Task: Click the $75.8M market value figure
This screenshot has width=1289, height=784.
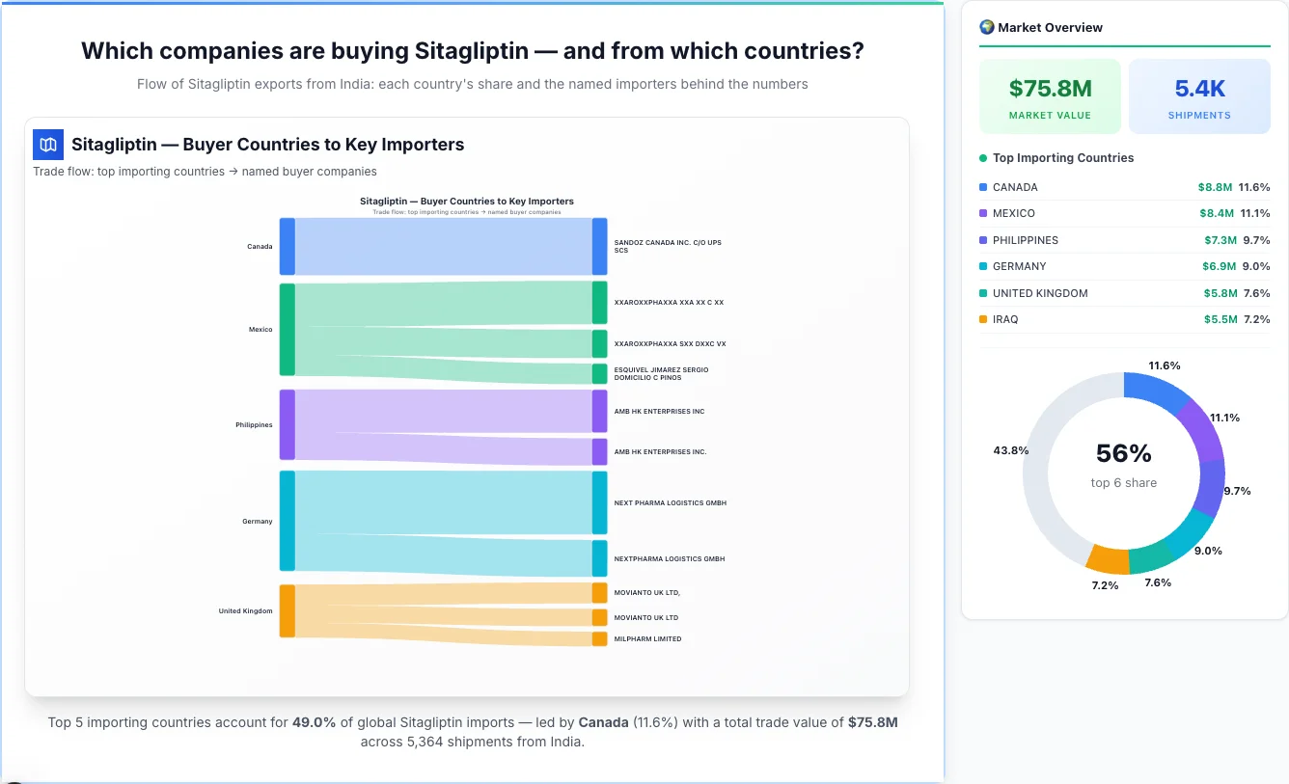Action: [x=1050, y=89]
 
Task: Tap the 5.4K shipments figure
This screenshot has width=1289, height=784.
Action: [x=1199, y=89]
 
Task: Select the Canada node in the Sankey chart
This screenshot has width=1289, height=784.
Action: [x=287, y=246]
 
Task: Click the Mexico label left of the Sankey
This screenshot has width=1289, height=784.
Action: [x=261, y=330]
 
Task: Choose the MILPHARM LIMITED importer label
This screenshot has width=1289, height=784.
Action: [x=647, y=638]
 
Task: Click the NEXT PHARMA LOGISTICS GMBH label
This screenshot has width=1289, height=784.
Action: [x=670, y=503]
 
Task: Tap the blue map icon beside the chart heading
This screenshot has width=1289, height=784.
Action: [x=48, y=145]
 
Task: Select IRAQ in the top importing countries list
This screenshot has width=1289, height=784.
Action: [x=1004, y=319]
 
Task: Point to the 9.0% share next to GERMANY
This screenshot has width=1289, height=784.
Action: [x=1256, y=266]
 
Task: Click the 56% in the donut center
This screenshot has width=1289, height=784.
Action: [x=1124, y=453]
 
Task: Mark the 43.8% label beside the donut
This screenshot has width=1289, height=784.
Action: [x=1010, y=450]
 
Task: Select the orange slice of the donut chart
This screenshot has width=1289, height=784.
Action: [x=1107, y=556]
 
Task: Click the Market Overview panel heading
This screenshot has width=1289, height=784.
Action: [x=1050, y=27]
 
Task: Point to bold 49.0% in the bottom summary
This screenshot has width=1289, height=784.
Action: [x=314, y=721]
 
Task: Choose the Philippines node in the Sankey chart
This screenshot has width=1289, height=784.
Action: [x=287, y=425]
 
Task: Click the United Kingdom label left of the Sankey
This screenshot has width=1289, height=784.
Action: [x=245, y=611]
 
